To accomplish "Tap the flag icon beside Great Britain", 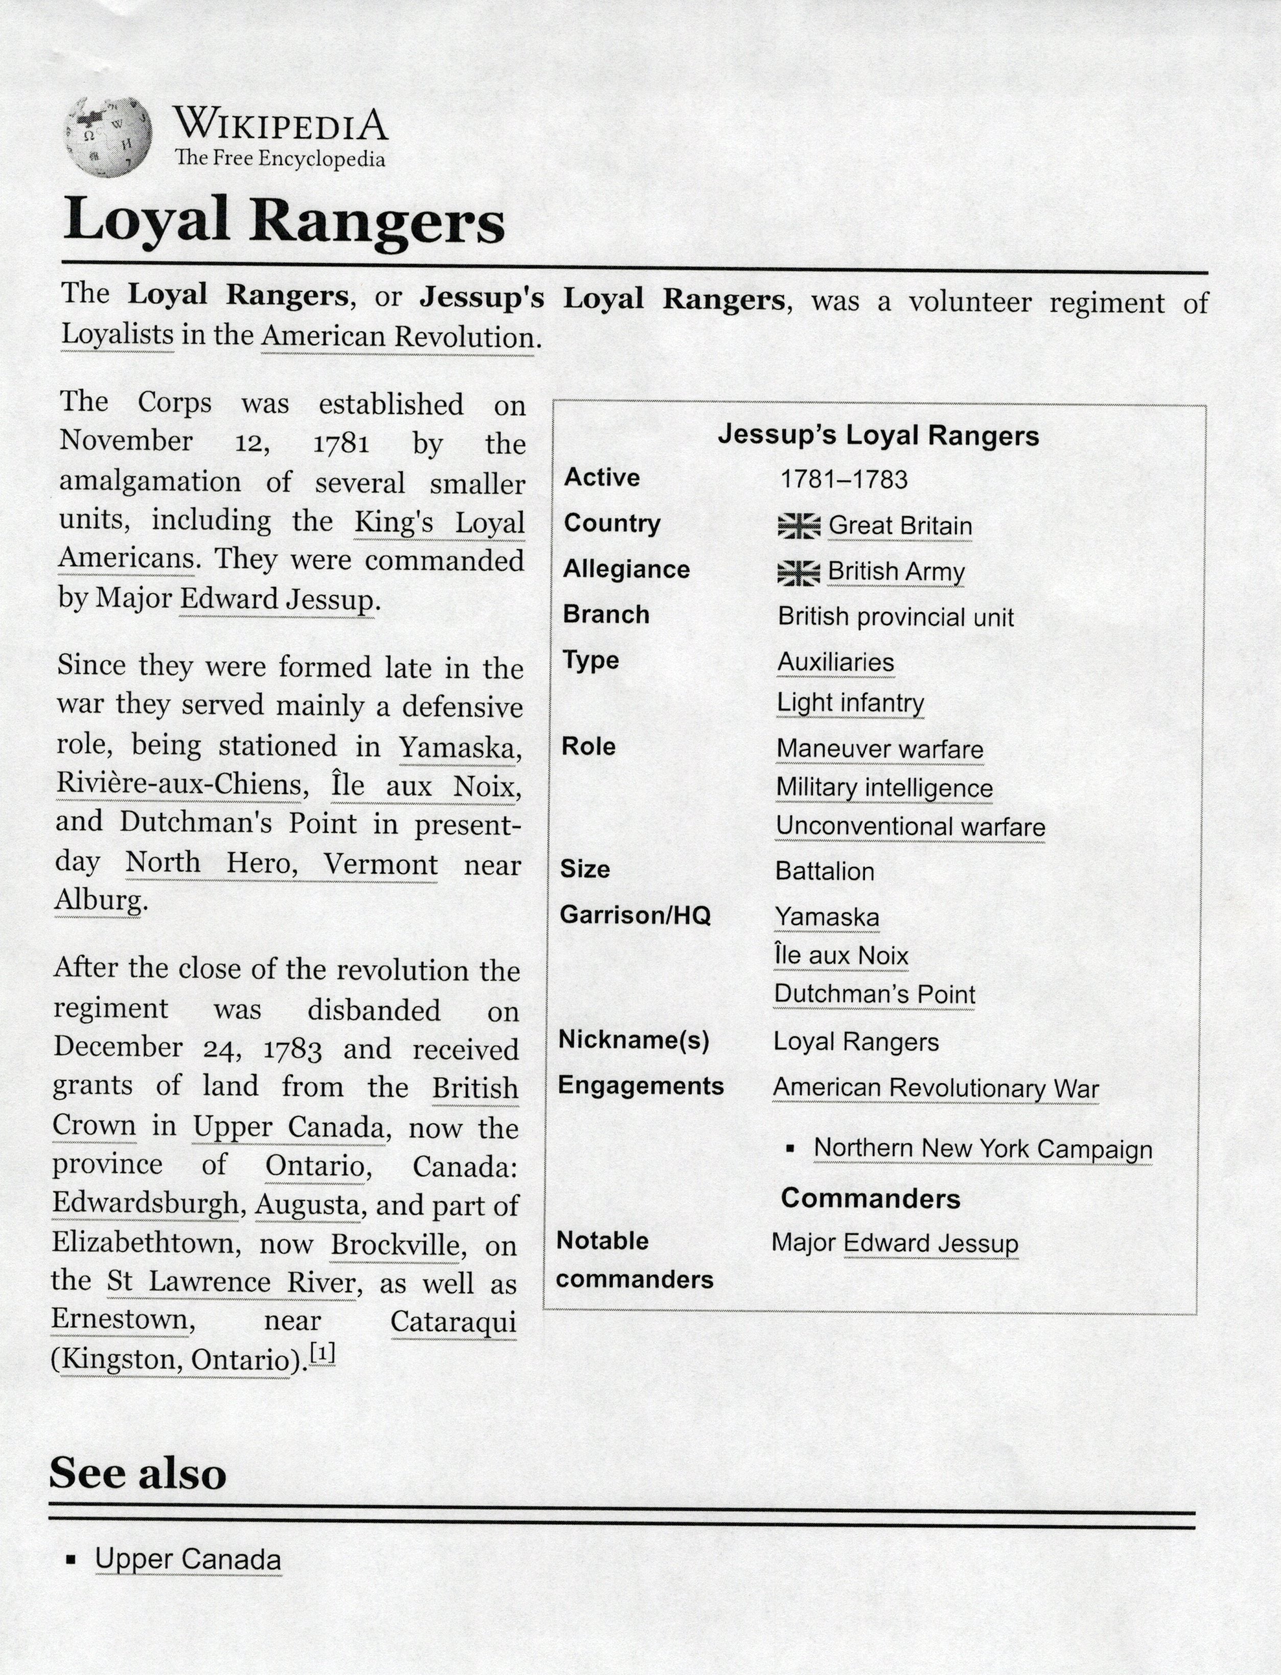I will point(798,525).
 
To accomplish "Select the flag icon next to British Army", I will point(798,572).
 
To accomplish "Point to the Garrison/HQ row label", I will point(635,915).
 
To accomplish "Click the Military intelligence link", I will point(884,788).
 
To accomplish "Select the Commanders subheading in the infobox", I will point(870,1198).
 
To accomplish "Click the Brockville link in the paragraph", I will point(395,1245).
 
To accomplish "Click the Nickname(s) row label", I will point(634,1040).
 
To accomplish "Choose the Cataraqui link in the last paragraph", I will point(454,1322).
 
